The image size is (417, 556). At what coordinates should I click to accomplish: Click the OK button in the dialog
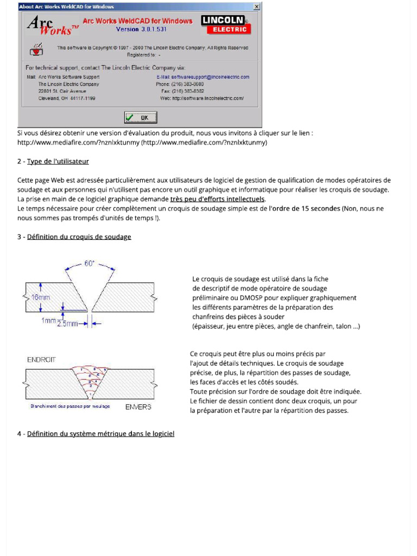(x=141, y=117)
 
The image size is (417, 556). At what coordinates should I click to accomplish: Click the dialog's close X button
(x=257, y=7)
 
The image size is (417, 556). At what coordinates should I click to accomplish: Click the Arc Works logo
(x=49, y=25)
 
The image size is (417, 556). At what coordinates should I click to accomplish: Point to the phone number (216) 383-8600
(x=188, y=84)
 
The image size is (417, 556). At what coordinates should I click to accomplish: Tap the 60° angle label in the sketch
(x=90, y=263)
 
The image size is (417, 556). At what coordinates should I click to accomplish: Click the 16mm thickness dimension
(x=41, y=298)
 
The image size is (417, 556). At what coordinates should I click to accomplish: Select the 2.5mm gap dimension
(x=67, y=324)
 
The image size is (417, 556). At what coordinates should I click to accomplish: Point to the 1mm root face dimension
(x=48, y=320)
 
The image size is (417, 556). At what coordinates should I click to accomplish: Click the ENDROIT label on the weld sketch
(x=42, y=359)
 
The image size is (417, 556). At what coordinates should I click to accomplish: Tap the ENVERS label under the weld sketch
(x=138, y=407)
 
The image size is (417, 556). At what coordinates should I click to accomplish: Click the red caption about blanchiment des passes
(x=70, y=406)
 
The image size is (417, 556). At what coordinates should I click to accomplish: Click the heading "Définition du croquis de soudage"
(x=79, y=237)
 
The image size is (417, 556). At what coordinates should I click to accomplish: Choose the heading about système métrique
(x=100, y=434)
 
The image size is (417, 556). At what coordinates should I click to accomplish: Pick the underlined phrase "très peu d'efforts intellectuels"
(x=218, y=199)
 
